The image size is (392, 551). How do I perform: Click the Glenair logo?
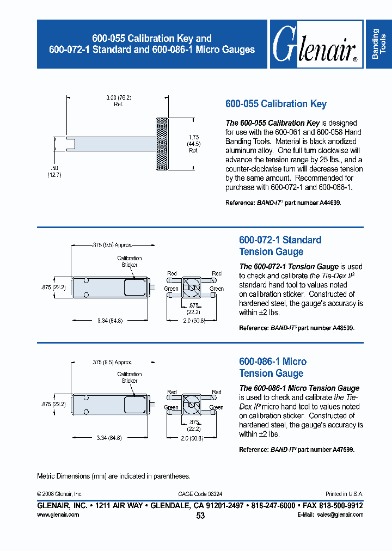pos(314,45)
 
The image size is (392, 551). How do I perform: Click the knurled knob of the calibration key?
pos(162,143)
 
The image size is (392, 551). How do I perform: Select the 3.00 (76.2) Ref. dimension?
pos(119,101)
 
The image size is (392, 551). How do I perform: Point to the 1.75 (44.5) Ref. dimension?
pos(193,143)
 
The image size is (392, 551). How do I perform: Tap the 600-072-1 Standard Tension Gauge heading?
pos(280,246)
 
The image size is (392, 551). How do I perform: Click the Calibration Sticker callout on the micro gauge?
pos(129,377)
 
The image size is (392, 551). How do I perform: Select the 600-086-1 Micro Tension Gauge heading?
pos(273,367)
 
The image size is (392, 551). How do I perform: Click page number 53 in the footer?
pos(200,516)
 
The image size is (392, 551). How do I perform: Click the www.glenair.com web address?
pos(58,515)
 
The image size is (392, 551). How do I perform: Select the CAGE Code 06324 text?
pos(200,494)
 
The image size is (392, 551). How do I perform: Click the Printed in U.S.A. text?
pos(344,494)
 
